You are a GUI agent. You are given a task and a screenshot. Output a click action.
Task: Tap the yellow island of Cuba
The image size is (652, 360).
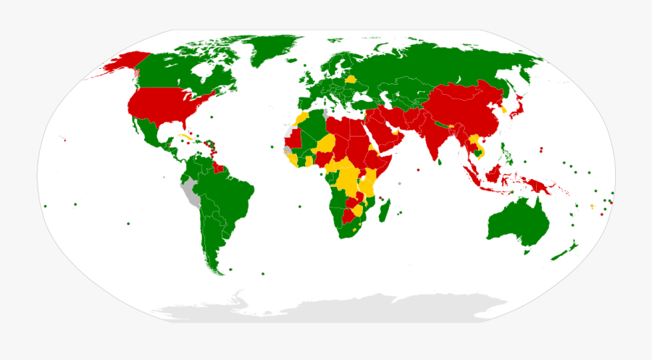pyautogui.click(x=186, y=136)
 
